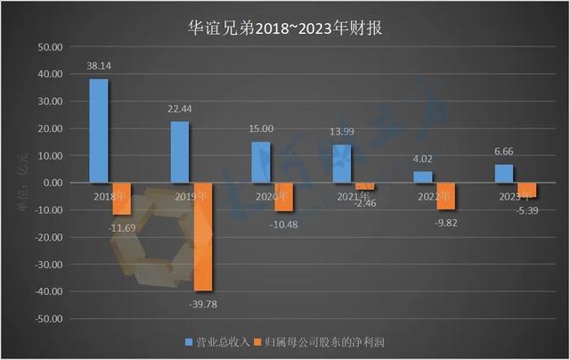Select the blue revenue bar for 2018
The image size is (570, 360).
click(98, 130)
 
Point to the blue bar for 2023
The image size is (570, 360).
click(503, 174)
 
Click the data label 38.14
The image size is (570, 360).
click(99, 66)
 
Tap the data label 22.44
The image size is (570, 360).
click(179, 109)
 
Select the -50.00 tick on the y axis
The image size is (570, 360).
click(48, 319)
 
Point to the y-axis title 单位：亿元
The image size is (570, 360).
click(23, 183)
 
